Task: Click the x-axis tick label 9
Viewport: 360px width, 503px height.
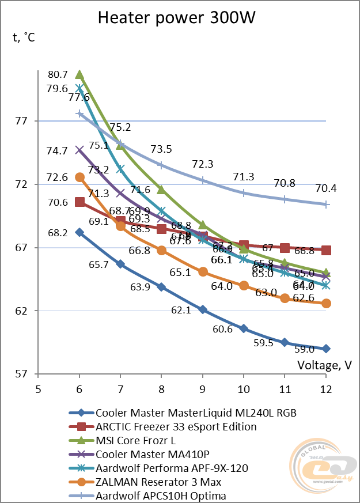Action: pyautogui.click(x=203, y=388)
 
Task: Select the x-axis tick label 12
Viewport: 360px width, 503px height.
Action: pyautogui.click(x=326, y=388)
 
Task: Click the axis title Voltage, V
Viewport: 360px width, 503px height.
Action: pyautogui.click(x=324, y=365)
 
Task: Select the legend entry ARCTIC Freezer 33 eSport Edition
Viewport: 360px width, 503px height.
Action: pyautogui.click(x=176, y=427)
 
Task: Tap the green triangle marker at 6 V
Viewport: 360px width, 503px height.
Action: pyautogui.click(x=79, y=75)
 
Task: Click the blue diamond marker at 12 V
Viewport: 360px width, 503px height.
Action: pyautogui.click(x=326, y=349)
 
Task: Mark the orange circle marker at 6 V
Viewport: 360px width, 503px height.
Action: pyautogui.click(x=79, y=177)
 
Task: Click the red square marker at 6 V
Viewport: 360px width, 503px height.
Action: pyautogui.click(x=79, y=202)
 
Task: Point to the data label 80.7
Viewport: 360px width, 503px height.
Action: pyautogui.click(x=58, y=74)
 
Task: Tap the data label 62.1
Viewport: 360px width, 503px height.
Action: pyautogui.click(x=180, y=310)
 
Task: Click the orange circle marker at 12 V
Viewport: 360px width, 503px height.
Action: pyautogui.click(x=326, y=303)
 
